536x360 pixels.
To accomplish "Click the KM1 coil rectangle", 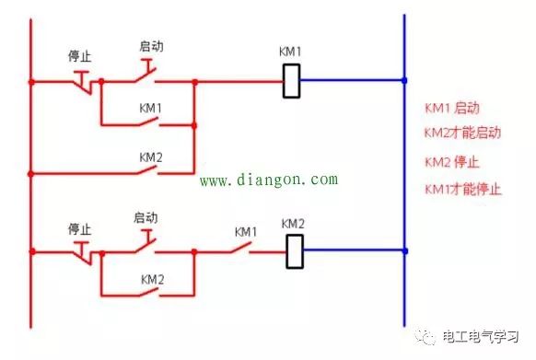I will pyautogui.click(x=291, y=81).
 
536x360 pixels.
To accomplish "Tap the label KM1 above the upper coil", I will pyautogui.click(x=290, y=52).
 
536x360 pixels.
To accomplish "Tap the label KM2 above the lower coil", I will pyautogui.click(x=292, y=224).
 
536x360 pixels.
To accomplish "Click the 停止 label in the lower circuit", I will pyautogui.click(x=80, y=227).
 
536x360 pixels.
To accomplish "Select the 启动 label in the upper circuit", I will pyautogui.click(x=150, y=45).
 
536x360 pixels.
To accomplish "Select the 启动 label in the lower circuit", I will pyautogui.click(x=146, y=218).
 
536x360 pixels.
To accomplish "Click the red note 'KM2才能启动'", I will pyautogui.click(x=461, y=133).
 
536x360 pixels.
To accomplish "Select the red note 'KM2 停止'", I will pyautogui.click(x=451, y=162).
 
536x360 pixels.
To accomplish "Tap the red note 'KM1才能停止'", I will pyautogui.click(x=461, y=190).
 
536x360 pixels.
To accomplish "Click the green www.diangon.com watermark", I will pyautogui.click(x=268, y=180).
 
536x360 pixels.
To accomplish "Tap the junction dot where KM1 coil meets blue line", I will pyautogui.click(x=404, y=81).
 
